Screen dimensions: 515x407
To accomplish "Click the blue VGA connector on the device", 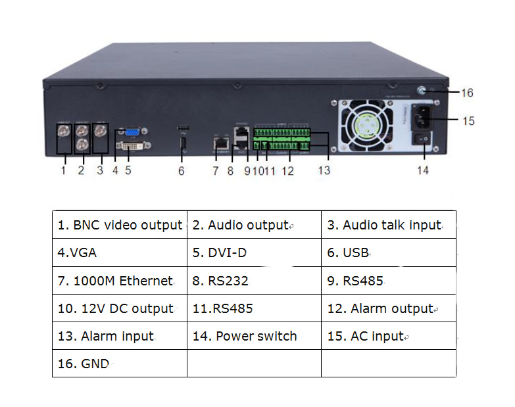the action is pyautogui.click(x=133, y=132).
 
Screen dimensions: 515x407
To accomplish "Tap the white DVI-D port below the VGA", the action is pyautogui.click(x=134, y=145).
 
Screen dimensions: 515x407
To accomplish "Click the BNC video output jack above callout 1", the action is pyautogui.click(x=64, y=132).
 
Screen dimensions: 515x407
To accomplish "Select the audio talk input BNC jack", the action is pyautogui.click(x=100, y=132).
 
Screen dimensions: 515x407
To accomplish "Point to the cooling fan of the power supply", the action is pyautogui.click(x=367, y=126).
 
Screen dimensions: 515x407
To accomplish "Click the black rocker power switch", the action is pyautogui.click(x=422, y=139).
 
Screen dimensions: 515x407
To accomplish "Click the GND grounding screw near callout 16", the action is pyautogui.click(x=422, y=90).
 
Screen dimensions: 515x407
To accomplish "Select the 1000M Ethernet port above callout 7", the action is pyautogui.click(x=221, y=143).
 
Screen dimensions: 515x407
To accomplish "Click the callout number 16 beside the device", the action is pyautogui.click(x=467, y=93).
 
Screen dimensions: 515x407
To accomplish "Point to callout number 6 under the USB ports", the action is pyautogui.click(x=182, y=171).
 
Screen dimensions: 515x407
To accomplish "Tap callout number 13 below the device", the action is pyautogui.click(x=324, y=170).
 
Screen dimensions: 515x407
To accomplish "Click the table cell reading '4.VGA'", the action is pyautogui.click(x=120, y=252).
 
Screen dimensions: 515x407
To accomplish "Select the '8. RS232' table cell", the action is pyautogui.click(x=255, y=281).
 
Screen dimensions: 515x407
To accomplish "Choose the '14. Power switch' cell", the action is pyautogui.click(x=255, y=336).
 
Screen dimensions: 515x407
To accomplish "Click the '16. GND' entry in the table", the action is pyautogui.click(x=120, y=364).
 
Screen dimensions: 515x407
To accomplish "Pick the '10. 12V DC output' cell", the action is pyautogui.click(x=120, y=308).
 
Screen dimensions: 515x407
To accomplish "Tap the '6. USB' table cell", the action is pyautogui.click(x=389, y=252).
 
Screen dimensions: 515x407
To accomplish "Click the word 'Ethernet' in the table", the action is pyautogui.click(x=146, y=281).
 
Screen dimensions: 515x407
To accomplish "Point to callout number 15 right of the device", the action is pyautogui.click(x=468, y=121).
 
